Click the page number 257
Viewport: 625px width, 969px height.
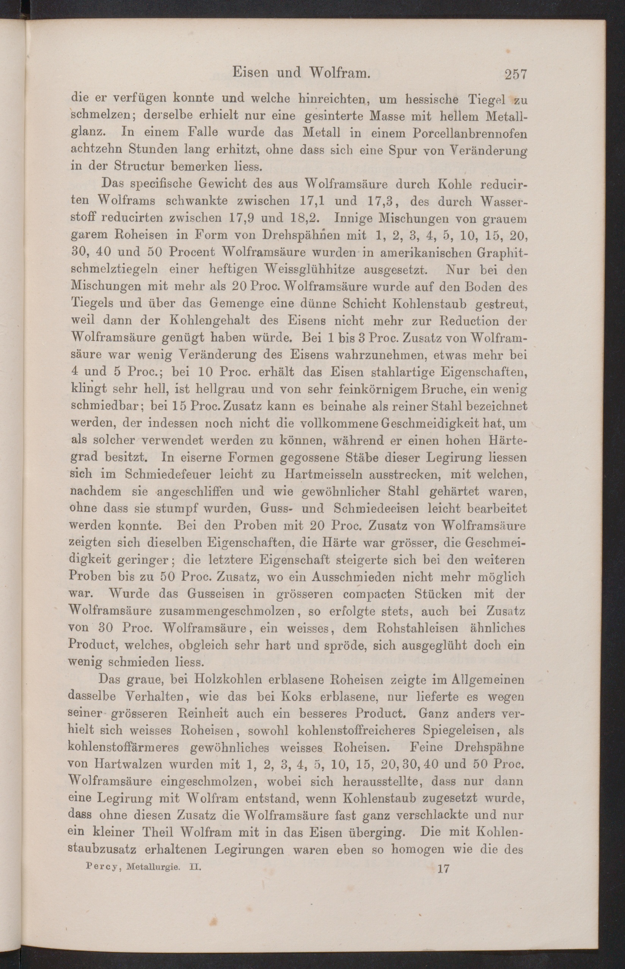tap(515, 74)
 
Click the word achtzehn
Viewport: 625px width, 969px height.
tap(97, 149)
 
